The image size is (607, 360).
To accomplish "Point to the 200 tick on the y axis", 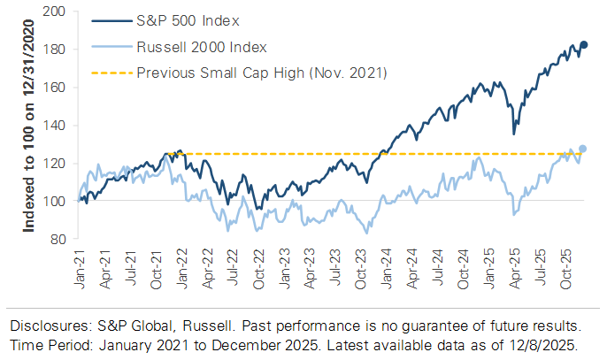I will coord(57,11).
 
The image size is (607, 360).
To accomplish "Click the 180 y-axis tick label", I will coord(57,50).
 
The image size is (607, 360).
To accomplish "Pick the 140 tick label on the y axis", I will coord(57,126).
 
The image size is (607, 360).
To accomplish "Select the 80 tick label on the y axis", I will coord(60,240).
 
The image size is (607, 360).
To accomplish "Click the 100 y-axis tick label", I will coord(57,202).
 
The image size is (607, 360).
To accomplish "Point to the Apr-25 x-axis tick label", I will coord(513,264).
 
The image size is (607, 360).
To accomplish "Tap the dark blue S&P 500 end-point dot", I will coord(584,44).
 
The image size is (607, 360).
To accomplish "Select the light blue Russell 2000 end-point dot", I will coord(583,149).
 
